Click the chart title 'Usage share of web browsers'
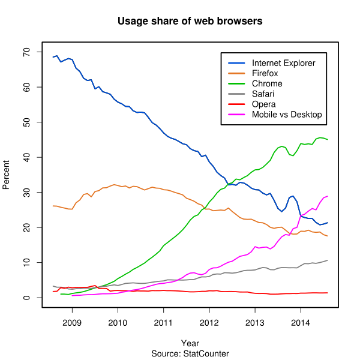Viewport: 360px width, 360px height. tap(190, 22)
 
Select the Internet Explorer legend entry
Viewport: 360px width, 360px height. tap(283, 63)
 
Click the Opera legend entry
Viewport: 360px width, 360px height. tap(264, 104)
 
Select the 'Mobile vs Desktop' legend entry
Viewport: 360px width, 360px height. tap(287, 114)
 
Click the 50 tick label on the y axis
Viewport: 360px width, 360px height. tap(27, 122)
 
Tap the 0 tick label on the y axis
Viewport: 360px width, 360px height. tap(27, 298)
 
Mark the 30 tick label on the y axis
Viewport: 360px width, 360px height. tap(27, 193)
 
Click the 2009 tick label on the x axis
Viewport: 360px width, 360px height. tap(72, 322)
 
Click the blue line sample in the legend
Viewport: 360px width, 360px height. tap(236, 63)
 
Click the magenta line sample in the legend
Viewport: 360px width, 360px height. tap(236, 114)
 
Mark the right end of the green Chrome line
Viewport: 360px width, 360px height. tap(328, 140)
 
